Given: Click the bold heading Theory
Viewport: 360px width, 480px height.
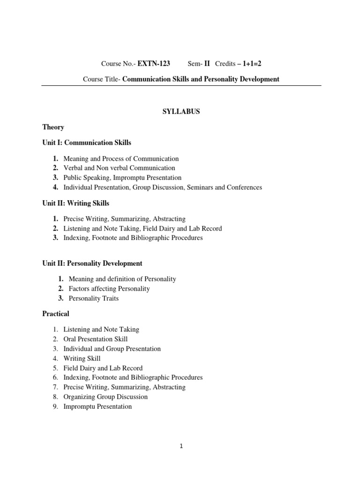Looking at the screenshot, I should [53, 127].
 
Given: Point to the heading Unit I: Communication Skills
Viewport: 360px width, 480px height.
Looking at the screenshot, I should [87, 142].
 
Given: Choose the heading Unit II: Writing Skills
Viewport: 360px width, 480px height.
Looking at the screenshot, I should [76, 203].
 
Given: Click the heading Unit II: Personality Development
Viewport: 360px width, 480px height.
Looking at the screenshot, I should [92, 263].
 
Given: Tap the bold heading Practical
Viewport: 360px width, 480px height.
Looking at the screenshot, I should [56, 314].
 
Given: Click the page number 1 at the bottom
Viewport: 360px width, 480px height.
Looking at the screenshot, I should [181, 446].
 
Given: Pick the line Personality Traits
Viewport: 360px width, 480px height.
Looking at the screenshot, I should [94, 299].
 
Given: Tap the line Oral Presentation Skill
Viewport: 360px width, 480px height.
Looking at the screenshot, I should [96, 339].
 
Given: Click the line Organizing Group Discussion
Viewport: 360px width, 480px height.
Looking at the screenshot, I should [105, 397].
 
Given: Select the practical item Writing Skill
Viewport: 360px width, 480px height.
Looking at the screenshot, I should [82, 359].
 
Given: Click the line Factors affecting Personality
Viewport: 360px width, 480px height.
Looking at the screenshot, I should [109, 289].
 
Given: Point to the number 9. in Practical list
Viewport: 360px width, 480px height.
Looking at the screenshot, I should [55, 406].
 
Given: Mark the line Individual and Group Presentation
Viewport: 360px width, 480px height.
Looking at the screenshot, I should [112, 349].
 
